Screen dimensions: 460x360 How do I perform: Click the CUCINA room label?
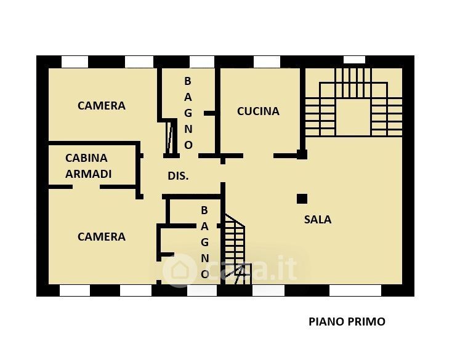pos(258,111)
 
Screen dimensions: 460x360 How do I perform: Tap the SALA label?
pos(318,219)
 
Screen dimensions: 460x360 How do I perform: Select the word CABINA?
pos(86,158)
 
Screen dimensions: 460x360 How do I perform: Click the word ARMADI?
pos(88,174)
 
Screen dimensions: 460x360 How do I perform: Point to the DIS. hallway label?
pos(178,176)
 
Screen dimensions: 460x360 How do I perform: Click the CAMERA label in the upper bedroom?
pos(102,105)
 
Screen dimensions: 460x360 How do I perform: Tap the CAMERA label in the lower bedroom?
pos(102,236)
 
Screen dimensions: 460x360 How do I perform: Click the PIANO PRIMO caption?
pos(347,322)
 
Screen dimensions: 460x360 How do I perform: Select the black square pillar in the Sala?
pos(302,199)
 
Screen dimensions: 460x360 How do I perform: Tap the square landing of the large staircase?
pos(353,118)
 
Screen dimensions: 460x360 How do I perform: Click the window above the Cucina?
pos(267,62)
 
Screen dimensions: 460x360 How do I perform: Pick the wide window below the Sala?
pos(355,290)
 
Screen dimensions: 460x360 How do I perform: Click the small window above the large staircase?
pos(354,59)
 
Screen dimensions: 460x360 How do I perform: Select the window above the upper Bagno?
pos(202,62)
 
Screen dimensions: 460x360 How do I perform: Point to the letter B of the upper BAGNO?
pos(188,81)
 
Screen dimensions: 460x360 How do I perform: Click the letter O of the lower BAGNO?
pos(205,274)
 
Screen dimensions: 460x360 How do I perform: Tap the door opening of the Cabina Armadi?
pos(86,186)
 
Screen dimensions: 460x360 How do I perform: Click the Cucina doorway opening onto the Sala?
pos(259,156)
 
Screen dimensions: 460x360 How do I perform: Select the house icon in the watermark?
pos(180,270)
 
